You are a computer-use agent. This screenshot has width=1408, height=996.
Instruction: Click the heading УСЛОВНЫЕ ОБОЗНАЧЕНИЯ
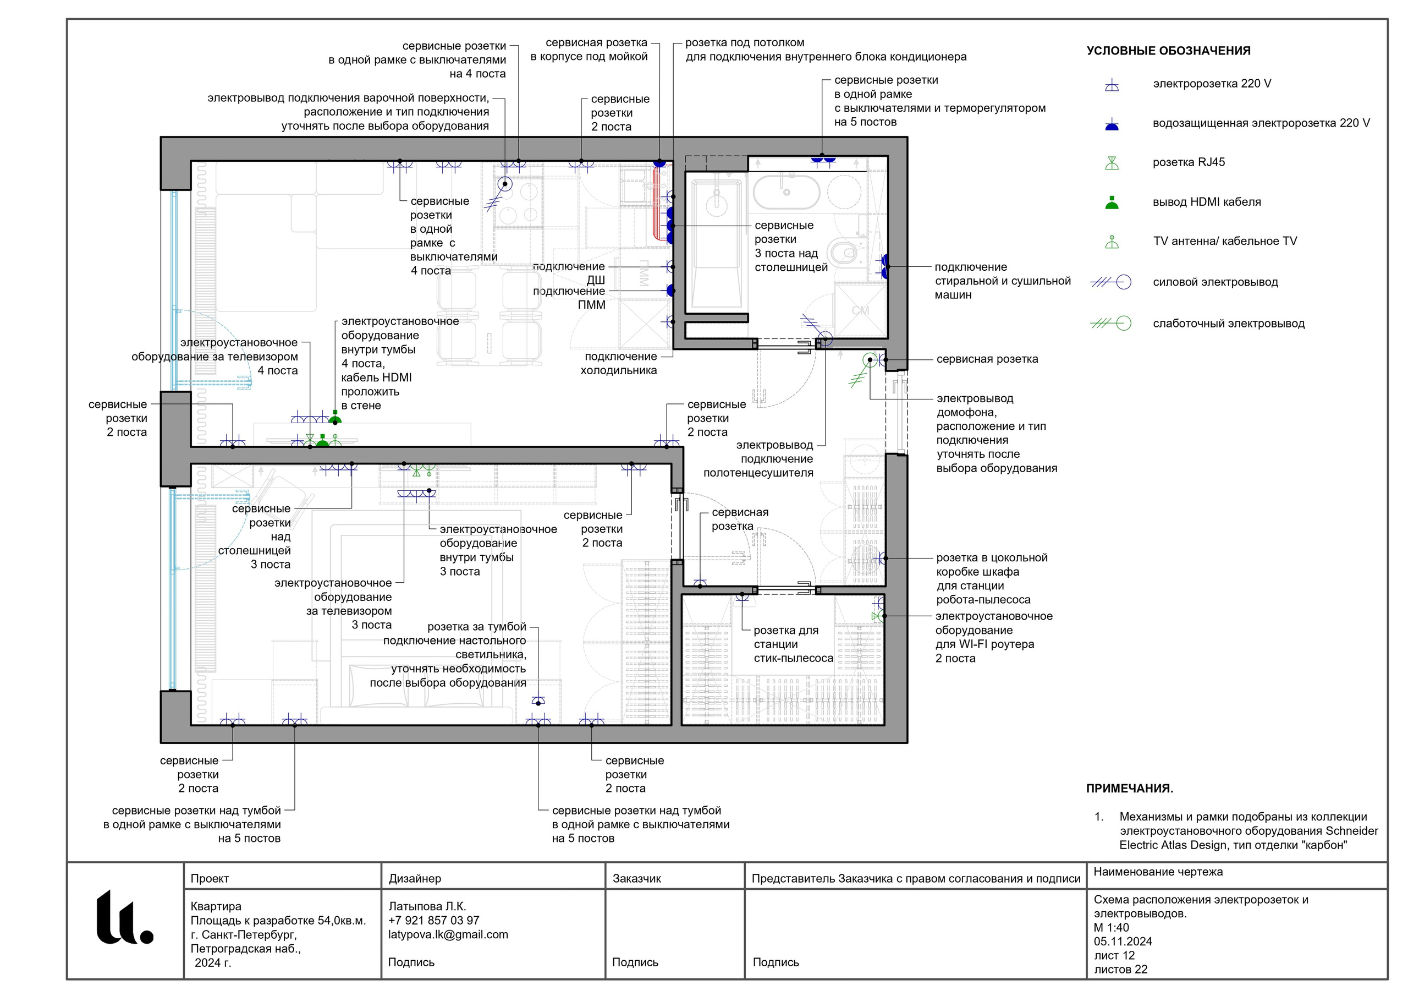tap(1168, 51)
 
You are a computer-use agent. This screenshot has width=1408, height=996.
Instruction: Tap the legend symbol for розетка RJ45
tap(1112, 163)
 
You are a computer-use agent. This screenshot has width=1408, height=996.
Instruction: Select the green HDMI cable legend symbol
tap(1112, 203)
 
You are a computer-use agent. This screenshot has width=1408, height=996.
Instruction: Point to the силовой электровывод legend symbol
tap(1110, 282)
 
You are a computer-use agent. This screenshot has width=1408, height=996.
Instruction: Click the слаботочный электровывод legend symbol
tap(1110, 323)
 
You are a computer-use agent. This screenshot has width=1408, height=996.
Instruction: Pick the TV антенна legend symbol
tap(1112, 242)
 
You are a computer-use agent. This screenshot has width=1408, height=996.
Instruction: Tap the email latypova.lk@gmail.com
tap(448, 934)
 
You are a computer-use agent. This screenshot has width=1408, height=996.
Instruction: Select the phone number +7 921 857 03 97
tap(433, 921)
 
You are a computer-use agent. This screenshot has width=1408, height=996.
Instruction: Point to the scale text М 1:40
tap(1111, 927)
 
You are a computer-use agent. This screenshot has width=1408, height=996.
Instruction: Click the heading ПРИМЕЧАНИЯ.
tap(1130, 789)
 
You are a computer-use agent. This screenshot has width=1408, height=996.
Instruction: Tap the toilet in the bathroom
tap(842, 251)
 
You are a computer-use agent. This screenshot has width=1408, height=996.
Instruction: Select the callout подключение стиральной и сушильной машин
tap(1003, 281)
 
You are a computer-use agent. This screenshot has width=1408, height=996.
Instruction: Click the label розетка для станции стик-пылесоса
tap(794, 644)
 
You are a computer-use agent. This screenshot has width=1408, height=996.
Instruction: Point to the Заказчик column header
tap(636, 879)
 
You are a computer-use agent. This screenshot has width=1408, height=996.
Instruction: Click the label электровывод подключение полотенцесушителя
tap(758, 459)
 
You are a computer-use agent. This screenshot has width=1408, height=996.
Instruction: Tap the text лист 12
tap(1114, 955)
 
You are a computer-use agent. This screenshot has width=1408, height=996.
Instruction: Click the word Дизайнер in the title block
tap(415, 879)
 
